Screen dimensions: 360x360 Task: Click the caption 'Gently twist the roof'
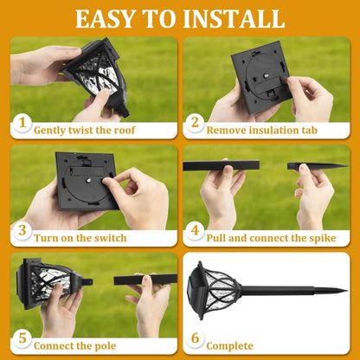pos(86,130)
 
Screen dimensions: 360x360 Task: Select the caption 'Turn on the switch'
pos(80,237)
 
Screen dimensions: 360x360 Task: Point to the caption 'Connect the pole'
pos(76,344)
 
